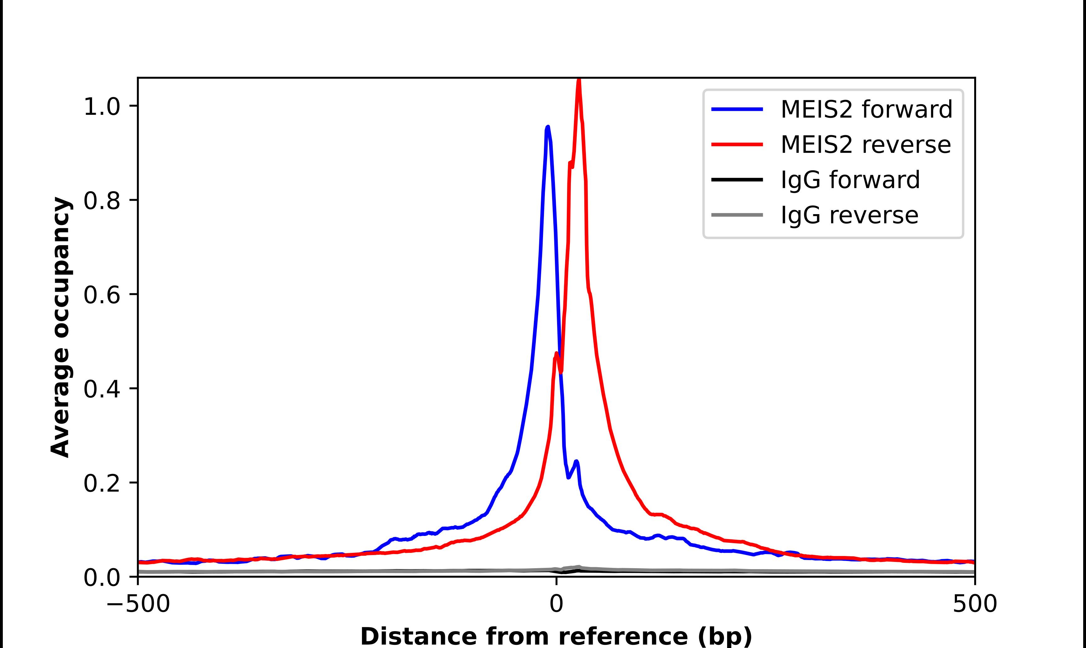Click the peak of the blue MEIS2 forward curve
[x=548, y=127]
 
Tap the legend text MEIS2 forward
[x=866, y=109]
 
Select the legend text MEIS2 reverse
[x=866, y=145]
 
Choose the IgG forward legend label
[x=850, y=180]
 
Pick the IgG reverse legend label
[x=849, y=215]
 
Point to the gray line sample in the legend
[x=737, y=215]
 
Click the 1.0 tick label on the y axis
[x=101, y=106]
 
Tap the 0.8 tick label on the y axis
[x=101, y=201]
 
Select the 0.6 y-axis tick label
[x=101, y=295]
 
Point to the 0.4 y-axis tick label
[x=101, y=389]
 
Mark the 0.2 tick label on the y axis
[x=101, y=483]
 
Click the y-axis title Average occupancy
[x=60, y=327]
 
